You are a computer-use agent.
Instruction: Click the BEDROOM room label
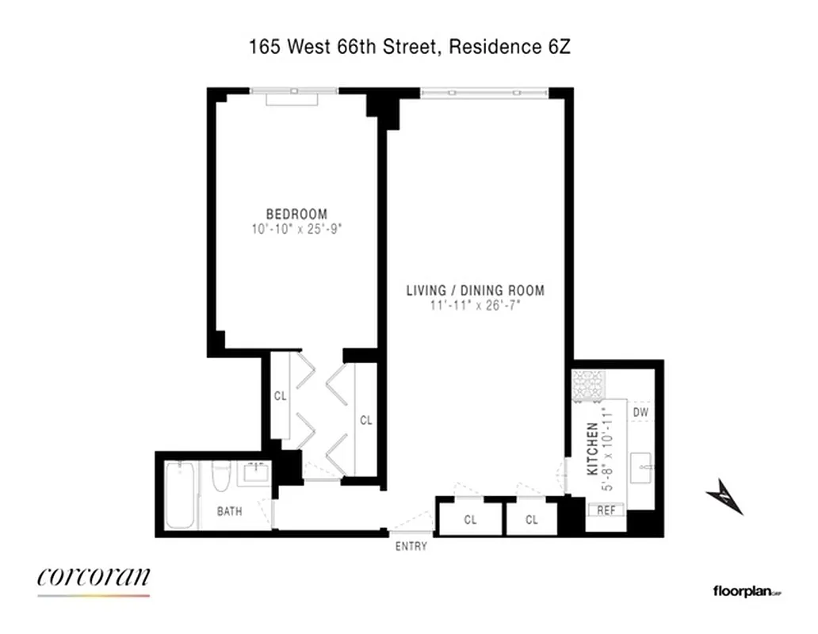tap(296, 214)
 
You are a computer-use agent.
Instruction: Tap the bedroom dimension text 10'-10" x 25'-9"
tap(296, 228)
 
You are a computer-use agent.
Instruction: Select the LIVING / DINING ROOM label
tap(475, 290)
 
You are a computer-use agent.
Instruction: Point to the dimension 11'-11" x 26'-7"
tap(475, 305)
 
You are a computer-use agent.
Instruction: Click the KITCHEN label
tap(592, 449)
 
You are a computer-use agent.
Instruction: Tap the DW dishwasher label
tap(641, 412)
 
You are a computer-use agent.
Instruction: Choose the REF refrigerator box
tap(606, 510)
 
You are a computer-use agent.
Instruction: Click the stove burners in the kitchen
tap(589, 386)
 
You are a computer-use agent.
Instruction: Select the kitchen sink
tap(641, 468)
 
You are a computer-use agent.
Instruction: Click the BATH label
tap(230, 511)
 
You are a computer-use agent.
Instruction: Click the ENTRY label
tap(411, 546)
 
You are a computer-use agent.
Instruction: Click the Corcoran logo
tap(93, 577)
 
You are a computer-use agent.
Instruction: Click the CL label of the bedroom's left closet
tap(280, 395)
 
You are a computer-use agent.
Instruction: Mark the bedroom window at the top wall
tap(293, 93)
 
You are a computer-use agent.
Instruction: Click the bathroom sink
tap(256, 474)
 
